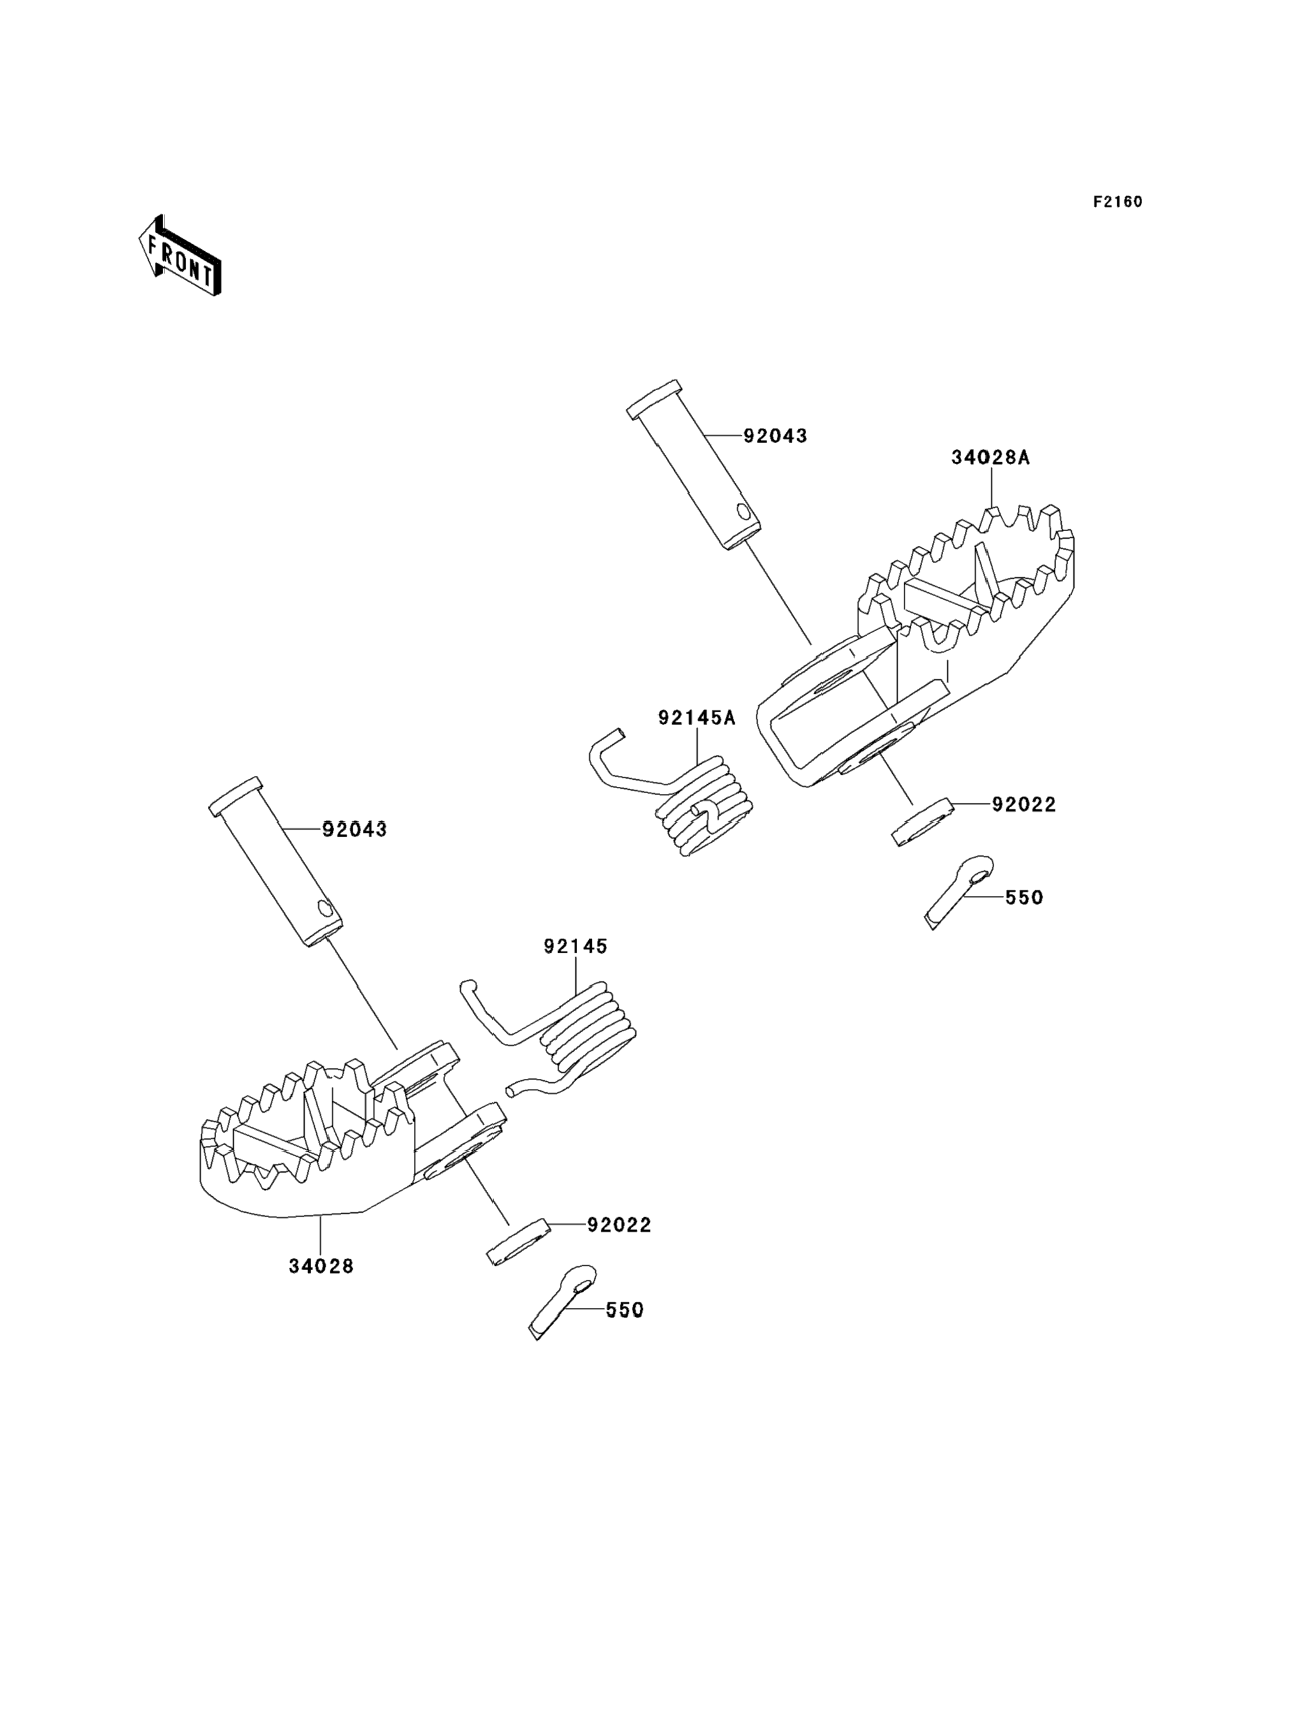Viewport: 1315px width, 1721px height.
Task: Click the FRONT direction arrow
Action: (179, 255)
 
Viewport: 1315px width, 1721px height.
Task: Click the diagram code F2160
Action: (1118, 202)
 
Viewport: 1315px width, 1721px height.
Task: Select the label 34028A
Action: (990, 458)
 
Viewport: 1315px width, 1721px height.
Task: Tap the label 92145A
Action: (696, 718)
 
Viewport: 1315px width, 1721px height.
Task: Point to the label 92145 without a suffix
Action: (576, 946)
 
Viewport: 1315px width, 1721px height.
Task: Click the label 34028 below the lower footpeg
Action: (321, 1266)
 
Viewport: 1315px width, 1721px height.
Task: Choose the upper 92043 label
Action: (775, 436)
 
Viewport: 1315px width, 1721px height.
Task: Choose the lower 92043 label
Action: (355, 830)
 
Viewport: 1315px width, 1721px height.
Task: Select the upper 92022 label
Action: (1024, 805)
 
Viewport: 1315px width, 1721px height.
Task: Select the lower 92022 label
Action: (619, 1225)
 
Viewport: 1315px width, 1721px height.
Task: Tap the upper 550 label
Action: (1024, 898)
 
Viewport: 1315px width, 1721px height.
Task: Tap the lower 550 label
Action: (624, 1310)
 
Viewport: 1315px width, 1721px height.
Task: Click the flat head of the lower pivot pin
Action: (235, 796)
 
